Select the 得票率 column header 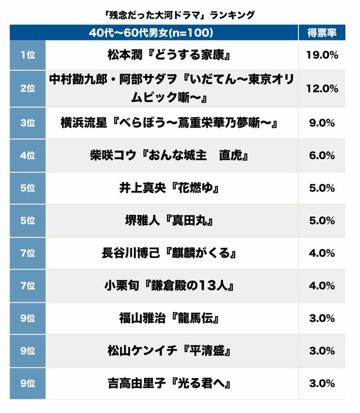click(322, 32)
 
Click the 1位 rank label click(27, 55)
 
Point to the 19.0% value click(322, 55)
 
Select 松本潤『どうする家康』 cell click(170, 55)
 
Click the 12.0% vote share click(322, 88)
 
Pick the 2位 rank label click(27, 88)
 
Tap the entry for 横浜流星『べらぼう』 click(170, 122)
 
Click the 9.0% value click(322, 122)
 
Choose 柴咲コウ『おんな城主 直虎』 click(170, 155)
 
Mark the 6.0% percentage click(322, 155)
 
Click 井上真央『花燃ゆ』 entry click(170, 188)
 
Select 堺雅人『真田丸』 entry click(170, 221)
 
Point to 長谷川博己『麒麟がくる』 click(170, 253)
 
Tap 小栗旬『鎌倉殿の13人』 click(170, 286)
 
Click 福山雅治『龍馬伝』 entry click(170, 318)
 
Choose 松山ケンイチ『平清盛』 click(170, 351)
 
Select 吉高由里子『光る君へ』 click(170, 384)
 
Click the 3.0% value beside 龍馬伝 click(322, 318)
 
